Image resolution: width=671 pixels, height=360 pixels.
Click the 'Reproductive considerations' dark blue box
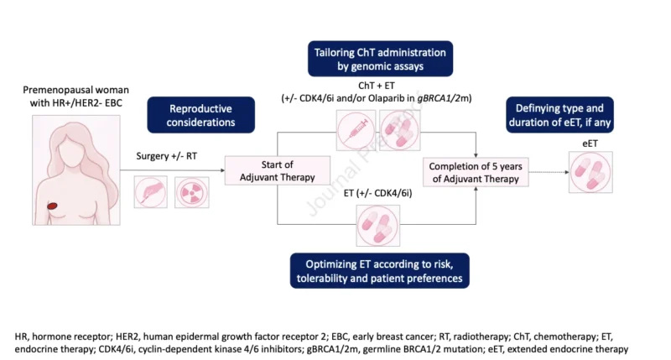[x=200, y=115]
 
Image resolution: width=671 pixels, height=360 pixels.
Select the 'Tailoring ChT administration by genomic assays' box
[x=380, y=59]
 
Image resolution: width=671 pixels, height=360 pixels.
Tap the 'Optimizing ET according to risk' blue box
[x=380, y=270]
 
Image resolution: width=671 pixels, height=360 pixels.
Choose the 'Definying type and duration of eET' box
[x=559, y=115]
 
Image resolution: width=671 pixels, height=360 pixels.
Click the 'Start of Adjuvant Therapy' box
[x=278, y=170]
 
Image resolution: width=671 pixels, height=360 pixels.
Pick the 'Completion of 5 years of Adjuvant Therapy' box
[x=476, y=172]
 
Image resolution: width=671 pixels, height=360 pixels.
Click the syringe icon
[x=356, y=130]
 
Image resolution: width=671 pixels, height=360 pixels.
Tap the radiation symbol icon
[x=192, y=193]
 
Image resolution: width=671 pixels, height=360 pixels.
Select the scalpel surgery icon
[x=151, y=193]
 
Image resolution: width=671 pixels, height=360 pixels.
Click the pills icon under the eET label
[x=590, y=172]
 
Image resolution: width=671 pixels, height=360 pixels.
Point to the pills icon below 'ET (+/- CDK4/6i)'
[x=378, y=226]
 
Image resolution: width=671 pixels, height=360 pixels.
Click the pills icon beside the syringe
[x=400, y=130]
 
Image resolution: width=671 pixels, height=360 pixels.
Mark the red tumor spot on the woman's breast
[x=52, y=206]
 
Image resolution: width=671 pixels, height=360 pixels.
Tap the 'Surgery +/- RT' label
[x=166, y=156]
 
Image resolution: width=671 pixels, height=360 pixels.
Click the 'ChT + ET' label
[x=377, y=86]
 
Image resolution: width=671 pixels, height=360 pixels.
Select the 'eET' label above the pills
[x=590, y=143]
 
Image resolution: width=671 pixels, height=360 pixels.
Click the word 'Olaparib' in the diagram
[x=393, y=98]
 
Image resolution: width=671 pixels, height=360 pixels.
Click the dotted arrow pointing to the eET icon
[x=549, y=172]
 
